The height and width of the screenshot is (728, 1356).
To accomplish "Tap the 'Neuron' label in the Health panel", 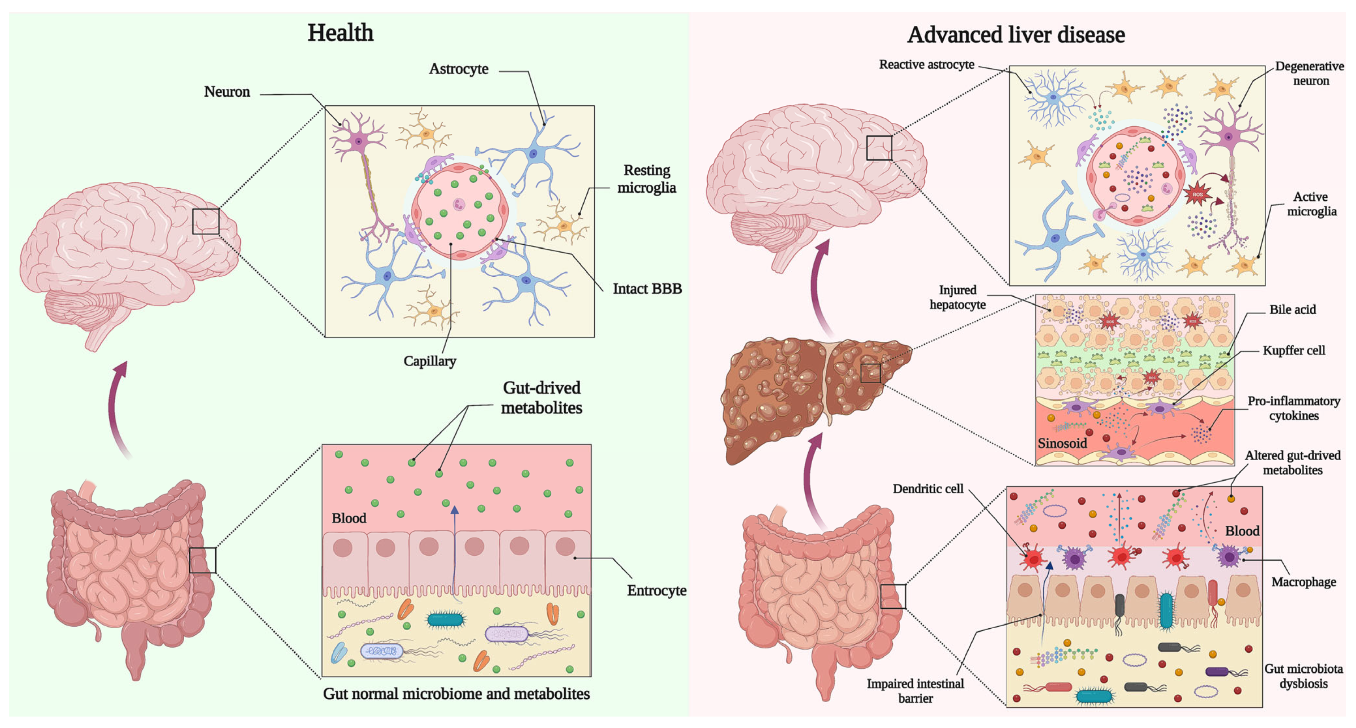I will pos(227,92).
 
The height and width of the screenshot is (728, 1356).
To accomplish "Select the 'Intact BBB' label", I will pos(647,289).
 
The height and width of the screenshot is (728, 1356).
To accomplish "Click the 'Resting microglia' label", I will pos(647,179).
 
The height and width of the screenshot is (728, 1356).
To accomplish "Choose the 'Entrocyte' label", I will pos(656,590).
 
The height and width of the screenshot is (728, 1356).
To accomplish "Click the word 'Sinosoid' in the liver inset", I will pos(1062,443).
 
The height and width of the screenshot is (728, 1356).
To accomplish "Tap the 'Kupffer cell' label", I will pos(1293,350).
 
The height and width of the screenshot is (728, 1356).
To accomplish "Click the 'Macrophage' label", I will pos(1304,582).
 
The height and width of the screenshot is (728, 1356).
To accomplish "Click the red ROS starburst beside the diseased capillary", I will pos(1197,194).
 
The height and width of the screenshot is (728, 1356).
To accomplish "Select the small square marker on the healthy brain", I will pos(205,222).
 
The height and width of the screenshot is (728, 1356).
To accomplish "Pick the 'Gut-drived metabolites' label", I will pos(541,397).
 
